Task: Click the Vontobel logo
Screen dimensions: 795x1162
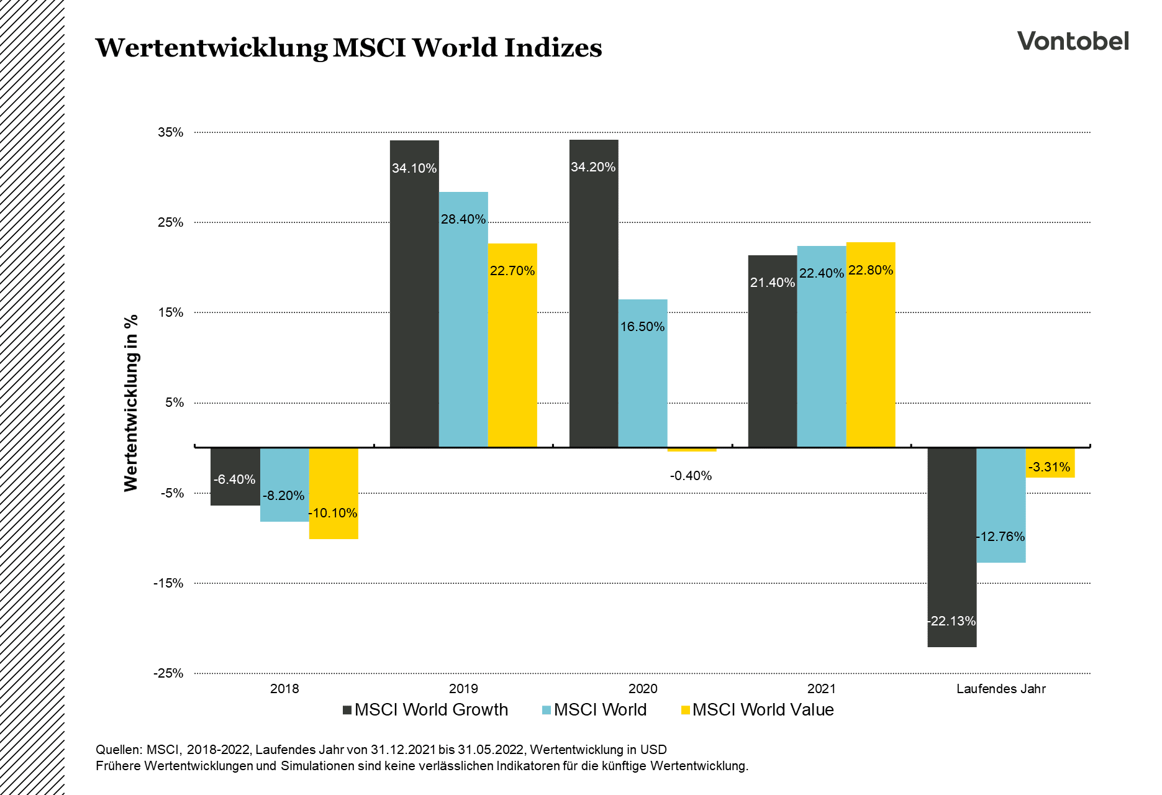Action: [x=1073, y=41]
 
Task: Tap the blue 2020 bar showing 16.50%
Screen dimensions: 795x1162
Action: [x=643, y=373]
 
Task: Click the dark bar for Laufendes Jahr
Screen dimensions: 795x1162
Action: [x=951, y=547]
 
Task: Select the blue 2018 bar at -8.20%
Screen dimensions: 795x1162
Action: [x=284, y=484]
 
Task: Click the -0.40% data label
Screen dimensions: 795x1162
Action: [x=691, y=476]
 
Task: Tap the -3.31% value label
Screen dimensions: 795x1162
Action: [x=1050, y=467]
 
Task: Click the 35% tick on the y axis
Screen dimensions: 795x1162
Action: [x=171, y=132]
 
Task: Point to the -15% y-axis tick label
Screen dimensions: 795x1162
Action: [x=169, y=583]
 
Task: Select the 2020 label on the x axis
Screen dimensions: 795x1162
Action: [x=643, y=689]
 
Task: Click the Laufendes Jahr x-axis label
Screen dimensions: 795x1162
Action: [x=1001, y=689]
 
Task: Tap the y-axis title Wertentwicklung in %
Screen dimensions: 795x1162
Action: [x=131, y=403]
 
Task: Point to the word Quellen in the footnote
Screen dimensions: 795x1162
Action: [x=119, y=750]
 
